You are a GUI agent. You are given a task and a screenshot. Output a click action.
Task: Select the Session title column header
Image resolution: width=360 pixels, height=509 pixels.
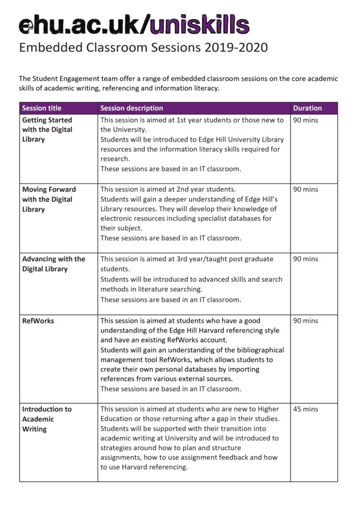coord(41,108)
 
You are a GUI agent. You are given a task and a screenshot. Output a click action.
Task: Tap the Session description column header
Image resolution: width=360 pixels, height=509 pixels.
coord(131,108)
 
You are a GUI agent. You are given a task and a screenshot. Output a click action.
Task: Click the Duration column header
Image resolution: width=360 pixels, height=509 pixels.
coord(307,108)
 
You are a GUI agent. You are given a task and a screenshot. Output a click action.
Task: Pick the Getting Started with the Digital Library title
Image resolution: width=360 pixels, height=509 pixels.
coord(47,130)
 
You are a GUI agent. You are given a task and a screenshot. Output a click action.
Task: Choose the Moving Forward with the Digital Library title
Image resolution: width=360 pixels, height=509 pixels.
coord(47,199)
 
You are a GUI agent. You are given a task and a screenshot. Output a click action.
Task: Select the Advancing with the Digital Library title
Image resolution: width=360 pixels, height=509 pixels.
coord(53,264)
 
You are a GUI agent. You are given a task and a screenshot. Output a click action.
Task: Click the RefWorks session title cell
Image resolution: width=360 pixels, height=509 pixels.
coord(38,321)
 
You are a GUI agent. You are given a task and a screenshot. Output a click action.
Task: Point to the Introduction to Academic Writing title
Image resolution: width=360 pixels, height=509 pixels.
coord(47,419)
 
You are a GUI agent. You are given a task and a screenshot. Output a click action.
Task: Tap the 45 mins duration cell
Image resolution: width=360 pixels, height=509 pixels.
coord(305,409)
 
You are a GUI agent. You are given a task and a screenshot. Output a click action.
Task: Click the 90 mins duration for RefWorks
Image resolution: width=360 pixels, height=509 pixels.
coord(305,321)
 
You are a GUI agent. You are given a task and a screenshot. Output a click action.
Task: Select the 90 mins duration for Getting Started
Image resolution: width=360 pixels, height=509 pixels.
coord(305,120)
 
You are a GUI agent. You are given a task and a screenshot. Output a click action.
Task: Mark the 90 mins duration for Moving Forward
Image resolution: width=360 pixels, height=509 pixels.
coord(305,190)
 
